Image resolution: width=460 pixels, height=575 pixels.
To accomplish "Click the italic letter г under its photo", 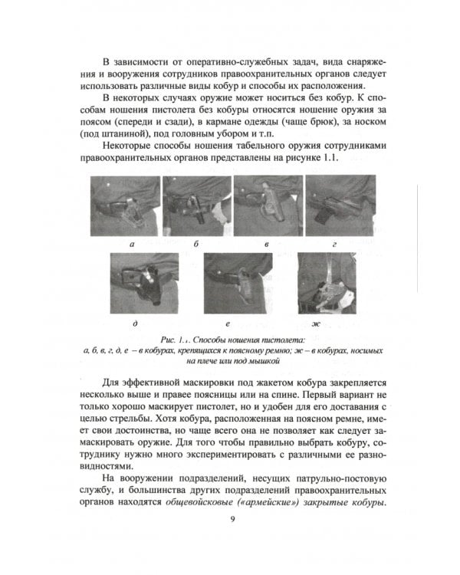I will [335, 245].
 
